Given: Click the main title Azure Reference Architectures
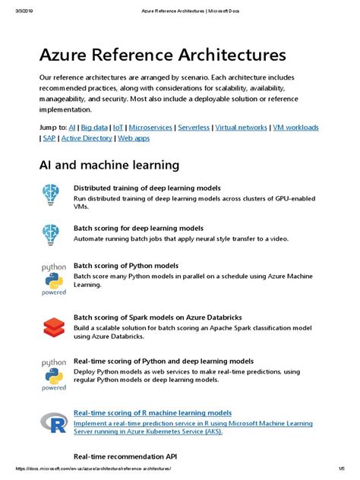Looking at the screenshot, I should click(x=152, y=55).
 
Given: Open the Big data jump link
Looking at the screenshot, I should click(x=94, y=128).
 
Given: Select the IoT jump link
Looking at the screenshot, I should click(x=118, y=128).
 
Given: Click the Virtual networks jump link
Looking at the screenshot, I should click(x=241, y=128).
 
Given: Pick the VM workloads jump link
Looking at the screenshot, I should click(x=295, y=128).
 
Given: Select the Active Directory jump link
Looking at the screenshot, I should click(x=87, y=138).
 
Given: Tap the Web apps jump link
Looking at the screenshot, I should click(x=134, y=138).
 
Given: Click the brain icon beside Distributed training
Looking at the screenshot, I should click(x=52, y=196).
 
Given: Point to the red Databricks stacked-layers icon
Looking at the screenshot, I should click(x=52, y=327).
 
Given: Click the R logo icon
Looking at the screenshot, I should click(x=52, y=423).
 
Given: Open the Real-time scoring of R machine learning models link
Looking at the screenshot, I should click(x=152, y=412).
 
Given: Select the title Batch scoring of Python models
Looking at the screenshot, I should click(x=125, y=266).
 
